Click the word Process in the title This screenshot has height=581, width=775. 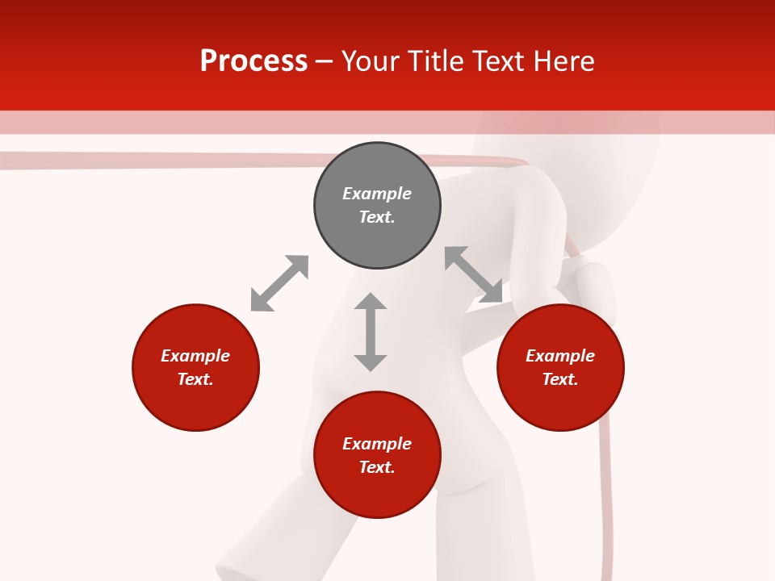[x=253, y=61]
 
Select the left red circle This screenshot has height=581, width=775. [x=195, y=403]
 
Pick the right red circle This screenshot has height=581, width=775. [x=560, y=403]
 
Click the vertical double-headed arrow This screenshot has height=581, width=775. [x=371, y=332]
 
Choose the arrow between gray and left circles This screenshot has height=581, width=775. [x=279, y=283]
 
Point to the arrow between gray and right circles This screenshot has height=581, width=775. [x=473, y=274]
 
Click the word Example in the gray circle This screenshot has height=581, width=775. [x=377, y=194]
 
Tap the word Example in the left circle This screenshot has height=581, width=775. [x=195, y=356]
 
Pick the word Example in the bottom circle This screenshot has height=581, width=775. [x=377, y=444]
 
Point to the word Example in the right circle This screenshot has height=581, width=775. [x=560, y=356]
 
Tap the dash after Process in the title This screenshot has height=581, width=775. [x=325, y=61]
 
